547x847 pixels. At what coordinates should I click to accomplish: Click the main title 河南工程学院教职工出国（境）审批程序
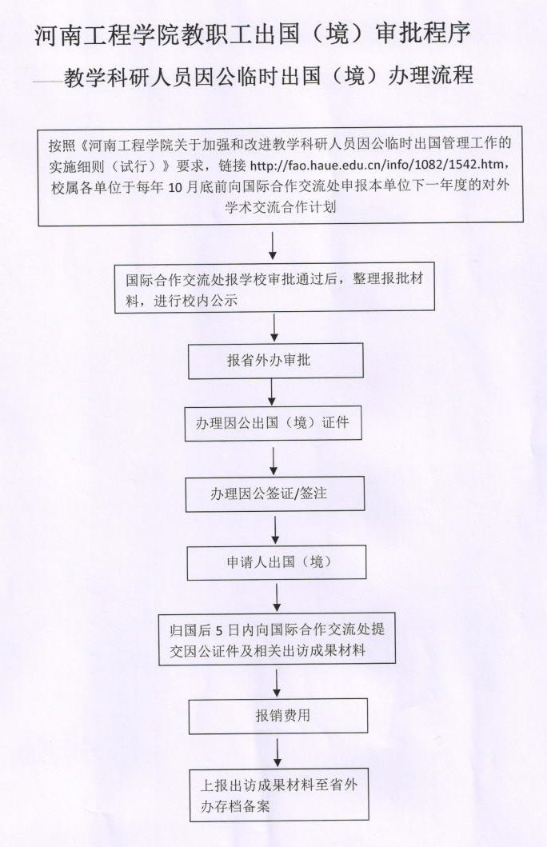253,34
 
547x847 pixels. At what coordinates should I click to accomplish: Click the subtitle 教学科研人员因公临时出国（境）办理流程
269,76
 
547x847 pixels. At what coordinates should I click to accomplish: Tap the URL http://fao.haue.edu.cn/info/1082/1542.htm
378,165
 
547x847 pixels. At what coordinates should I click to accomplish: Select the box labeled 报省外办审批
275,360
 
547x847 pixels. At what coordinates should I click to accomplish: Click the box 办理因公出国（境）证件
273,423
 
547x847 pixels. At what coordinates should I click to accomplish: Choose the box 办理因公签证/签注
275,493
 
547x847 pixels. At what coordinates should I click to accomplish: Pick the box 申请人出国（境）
277,562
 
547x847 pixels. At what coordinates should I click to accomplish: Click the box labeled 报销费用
278,716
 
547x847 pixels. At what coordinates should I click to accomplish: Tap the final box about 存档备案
277,795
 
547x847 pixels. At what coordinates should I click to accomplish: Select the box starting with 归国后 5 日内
277,638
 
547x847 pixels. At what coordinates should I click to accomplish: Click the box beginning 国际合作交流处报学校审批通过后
275,289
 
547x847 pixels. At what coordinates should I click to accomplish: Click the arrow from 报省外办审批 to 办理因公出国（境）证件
272,392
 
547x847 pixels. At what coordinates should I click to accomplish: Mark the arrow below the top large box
273,246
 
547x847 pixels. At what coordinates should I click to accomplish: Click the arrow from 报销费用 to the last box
277,753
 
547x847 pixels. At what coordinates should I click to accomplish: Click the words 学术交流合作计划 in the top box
281,207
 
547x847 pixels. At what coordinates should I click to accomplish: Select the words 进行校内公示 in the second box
195,301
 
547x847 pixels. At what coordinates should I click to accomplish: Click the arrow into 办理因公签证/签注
273,461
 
